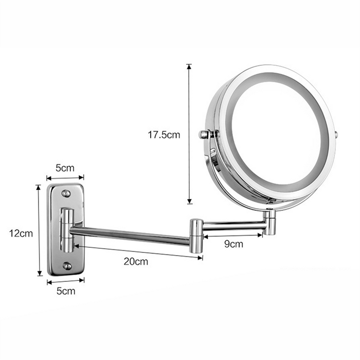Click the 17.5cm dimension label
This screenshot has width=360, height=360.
tap(164, 135)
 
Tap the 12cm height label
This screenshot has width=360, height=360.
tap(21, 233)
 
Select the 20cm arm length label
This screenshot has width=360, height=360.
tap(136, 261)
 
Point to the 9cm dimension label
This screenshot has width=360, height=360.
tap(234, 244)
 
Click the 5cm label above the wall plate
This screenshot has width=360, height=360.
tap(65, 168)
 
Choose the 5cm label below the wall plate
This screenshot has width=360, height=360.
tap(65, 291)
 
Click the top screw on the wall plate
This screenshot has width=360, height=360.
tap(66, 193)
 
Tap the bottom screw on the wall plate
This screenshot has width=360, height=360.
tap(67, 266)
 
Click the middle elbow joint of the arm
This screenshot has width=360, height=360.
tap(196, 235)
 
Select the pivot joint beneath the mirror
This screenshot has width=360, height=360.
tap(270, 223)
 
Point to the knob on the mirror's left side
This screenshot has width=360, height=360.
tap(205, 135)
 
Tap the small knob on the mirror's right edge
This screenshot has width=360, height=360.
tap(336, 135)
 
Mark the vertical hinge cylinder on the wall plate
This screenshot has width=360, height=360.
tap(66, 230)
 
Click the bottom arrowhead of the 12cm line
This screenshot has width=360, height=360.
tap(39, 274)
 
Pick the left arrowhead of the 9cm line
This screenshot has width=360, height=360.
tap(205, 237)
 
